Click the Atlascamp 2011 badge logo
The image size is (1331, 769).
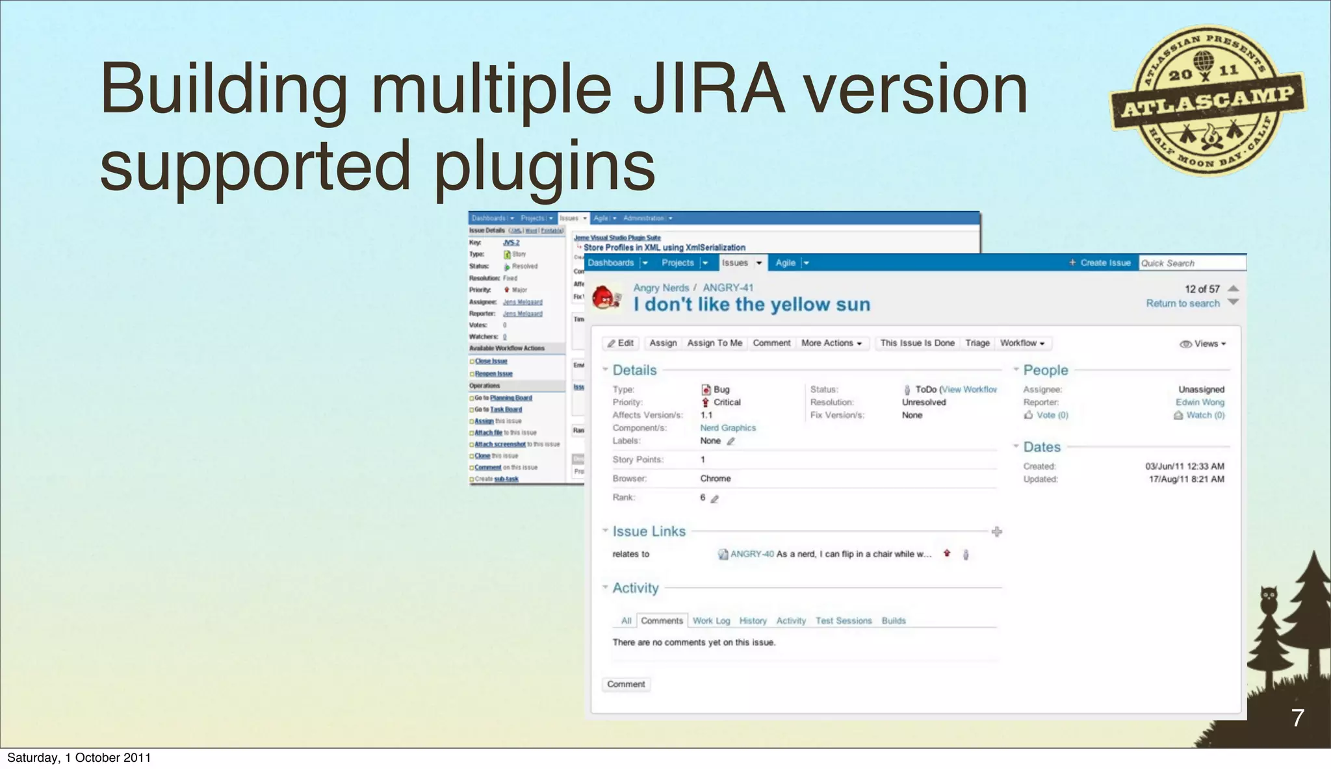1208,101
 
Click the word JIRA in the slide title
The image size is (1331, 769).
708,90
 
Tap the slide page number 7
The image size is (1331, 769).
1297,718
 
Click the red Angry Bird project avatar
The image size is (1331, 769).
606,297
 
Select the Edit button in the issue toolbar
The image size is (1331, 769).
621,343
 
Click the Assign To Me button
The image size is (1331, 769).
714,343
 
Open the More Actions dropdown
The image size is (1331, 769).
831,343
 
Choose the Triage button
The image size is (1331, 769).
977,343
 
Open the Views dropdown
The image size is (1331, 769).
1203,344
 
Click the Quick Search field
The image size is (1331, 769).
1191,263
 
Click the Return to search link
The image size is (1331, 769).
1182,303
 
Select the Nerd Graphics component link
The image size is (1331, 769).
728,428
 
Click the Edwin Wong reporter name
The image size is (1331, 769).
1200,402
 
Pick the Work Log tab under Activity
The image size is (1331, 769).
711,621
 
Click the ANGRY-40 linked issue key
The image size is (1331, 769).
752,554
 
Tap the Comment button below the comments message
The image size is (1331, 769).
626,684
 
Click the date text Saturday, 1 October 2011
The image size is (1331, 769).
79,758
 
